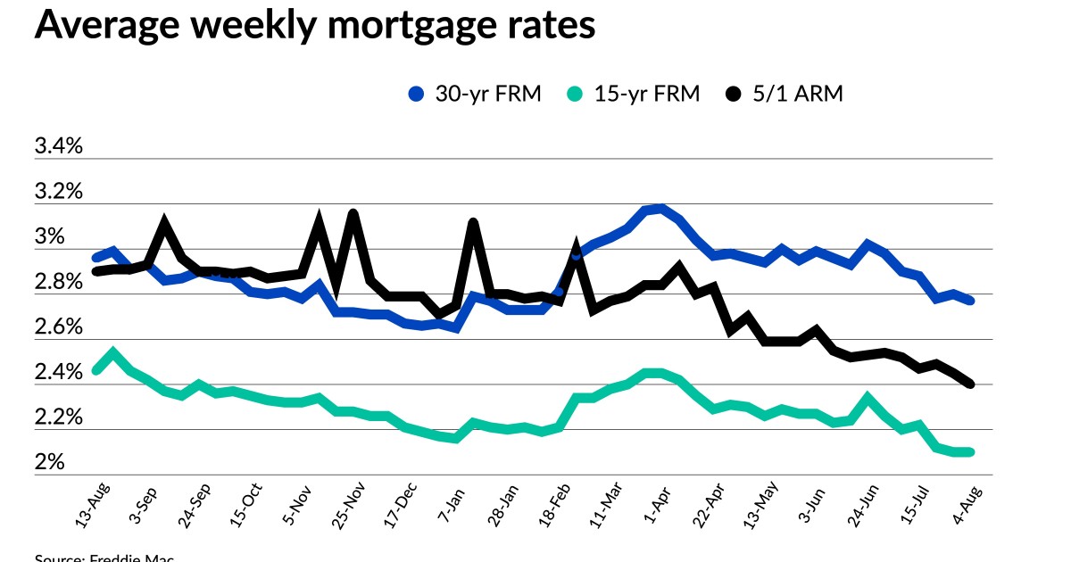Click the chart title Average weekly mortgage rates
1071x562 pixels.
(x=314, y=25)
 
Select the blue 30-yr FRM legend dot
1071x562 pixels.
(x=415, y=94)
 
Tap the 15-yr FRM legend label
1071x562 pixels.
(x=648, y=94)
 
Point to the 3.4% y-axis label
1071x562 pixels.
(x=58, y=146)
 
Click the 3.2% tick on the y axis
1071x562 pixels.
(x=58, y=192)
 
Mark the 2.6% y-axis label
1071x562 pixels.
(x=58, y=327)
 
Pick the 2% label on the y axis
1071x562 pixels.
(x=50, y=463)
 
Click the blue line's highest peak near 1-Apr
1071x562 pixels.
(x=659, y=209)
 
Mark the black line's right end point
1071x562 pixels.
(x=969, y=384)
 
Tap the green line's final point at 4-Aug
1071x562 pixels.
(x=969, y=452)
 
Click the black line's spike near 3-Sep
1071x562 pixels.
(x=164, y=222)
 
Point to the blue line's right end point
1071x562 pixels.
(x=969, y=301)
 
